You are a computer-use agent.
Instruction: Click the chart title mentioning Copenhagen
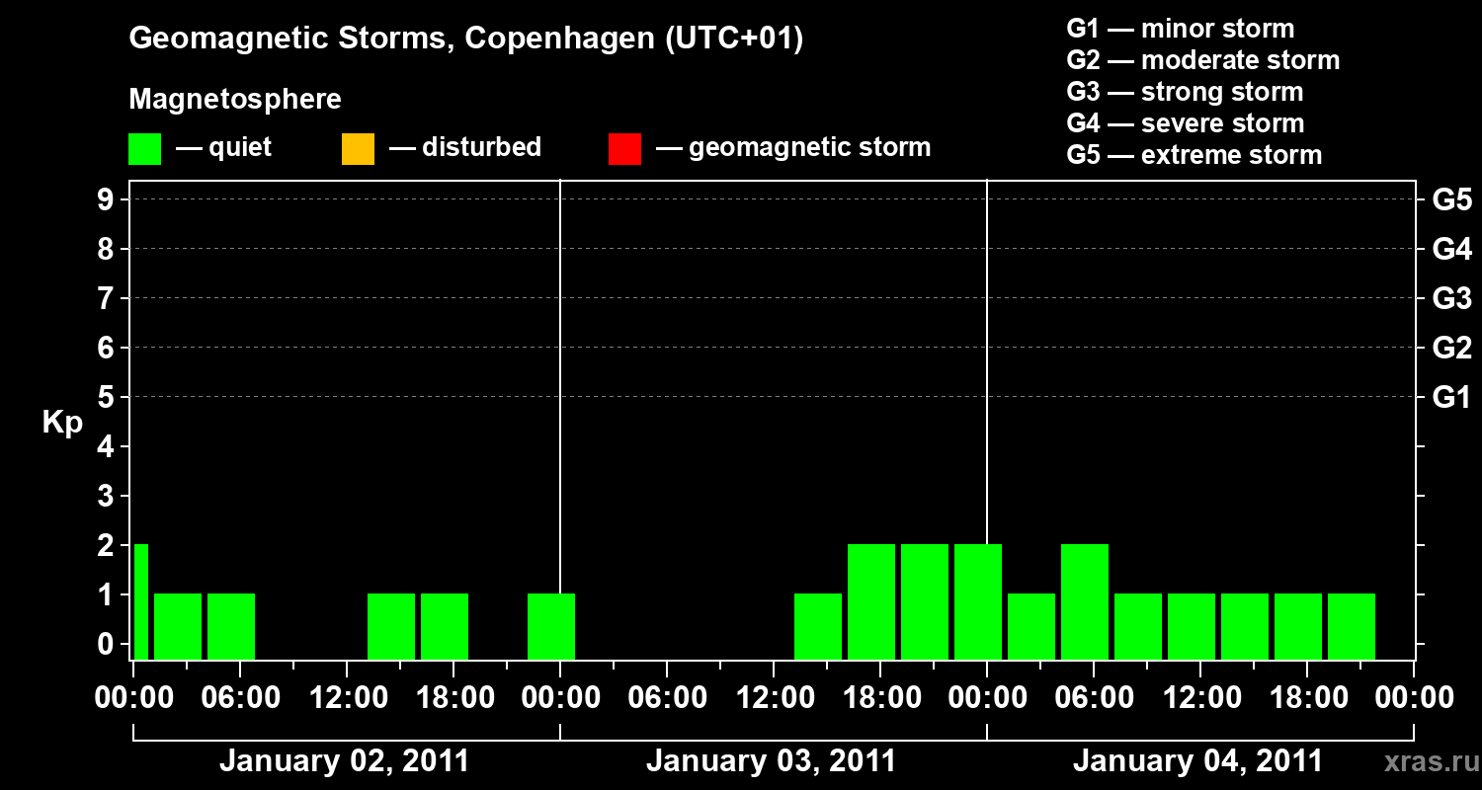[x=465, y=39]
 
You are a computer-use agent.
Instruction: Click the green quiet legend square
[x=144, y=149]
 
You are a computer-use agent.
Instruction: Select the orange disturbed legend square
[x=358, y=149]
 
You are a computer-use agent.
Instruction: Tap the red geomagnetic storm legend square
[x=624, y=149]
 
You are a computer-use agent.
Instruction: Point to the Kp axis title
[x=62, y=423]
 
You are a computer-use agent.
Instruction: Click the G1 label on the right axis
[x=1451, y=398]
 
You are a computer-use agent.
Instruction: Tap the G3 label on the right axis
[x=1451, y=299]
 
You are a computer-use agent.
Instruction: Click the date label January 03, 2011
[x=771, y=761]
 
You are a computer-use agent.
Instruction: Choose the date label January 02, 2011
[x=344, y=761]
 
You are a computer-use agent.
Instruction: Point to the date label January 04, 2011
[x=1197, y=761]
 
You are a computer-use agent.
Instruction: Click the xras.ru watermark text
[x=1427, y=762]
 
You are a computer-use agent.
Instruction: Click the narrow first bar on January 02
[x=140, y=601]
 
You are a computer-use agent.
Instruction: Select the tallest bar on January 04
[x=1084, y=601]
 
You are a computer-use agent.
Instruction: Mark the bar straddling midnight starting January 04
[x=977, y=601]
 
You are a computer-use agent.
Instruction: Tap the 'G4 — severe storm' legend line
[x=1185, y=123]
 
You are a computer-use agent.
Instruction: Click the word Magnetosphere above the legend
[x=235, y=100]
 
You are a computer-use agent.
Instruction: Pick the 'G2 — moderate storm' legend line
[x=1202, y=60]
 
